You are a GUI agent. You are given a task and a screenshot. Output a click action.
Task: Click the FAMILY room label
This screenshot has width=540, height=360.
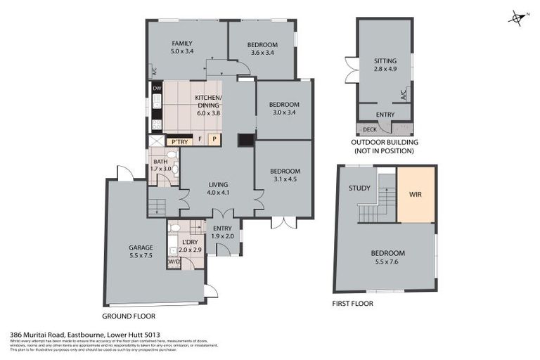181,44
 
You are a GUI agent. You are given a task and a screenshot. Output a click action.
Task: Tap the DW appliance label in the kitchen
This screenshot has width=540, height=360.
157,89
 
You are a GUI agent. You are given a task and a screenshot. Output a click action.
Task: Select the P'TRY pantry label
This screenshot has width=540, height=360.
179,142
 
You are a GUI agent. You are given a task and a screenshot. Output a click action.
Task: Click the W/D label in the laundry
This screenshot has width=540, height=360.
174,262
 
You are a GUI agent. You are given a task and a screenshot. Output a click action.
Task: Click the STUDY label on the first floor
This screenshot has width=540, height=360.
360,188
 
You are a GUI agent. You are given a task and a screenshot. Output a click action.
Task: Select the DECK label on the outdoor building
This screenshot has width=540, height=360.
370,129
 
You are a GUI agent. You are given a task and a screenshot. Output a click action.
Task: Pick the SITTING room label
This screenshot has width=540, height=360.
385,61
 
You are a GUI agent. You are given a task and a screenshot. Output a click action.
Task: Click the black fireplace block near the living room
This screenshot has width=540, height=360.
245,141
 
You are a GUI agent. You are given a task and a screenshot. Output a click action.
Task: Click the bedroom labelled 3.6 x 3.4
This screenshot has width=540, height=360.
262,51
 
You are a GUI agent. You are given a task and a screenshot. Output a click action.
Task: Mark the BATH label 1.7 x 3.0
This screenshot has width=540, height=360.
161,169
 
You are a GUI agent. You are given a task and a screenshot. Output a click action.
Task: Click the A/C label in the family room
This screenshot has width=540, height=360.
153,70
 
